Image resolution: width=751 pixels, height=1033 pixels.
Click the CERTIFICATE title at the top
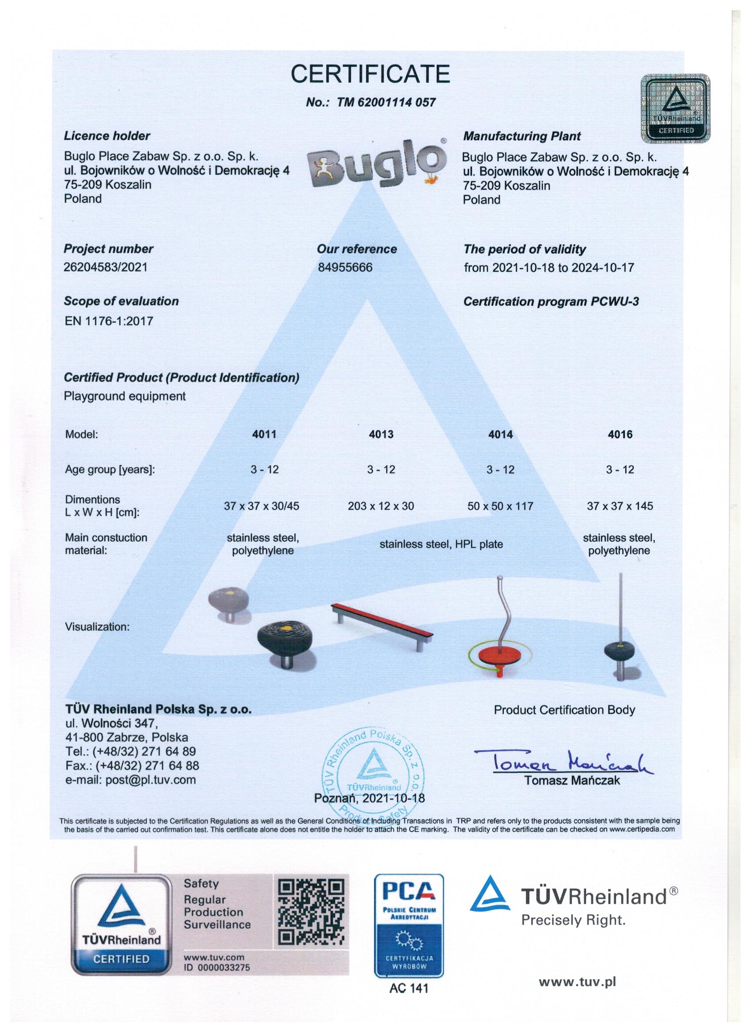click(370, 74)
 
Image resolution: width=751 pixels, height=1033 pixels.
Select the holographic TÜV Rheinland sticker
click(675, 108)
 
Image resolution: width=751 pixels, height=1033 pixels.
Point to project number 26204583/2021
click(106, 267)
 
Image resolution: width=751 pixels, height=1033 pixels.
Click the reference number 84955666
click(345, 267)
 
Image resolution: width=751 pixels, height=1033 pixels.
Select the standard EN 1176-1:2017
click(109, 322)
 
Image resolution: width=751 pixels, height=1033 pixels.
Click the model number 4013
click(381, 434)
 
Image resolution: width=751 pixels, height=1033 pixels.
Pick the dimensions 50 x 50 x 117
click(500, 506)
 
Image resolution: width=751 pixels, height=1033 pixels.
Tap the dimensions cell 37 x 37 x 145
click(620, 506)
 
